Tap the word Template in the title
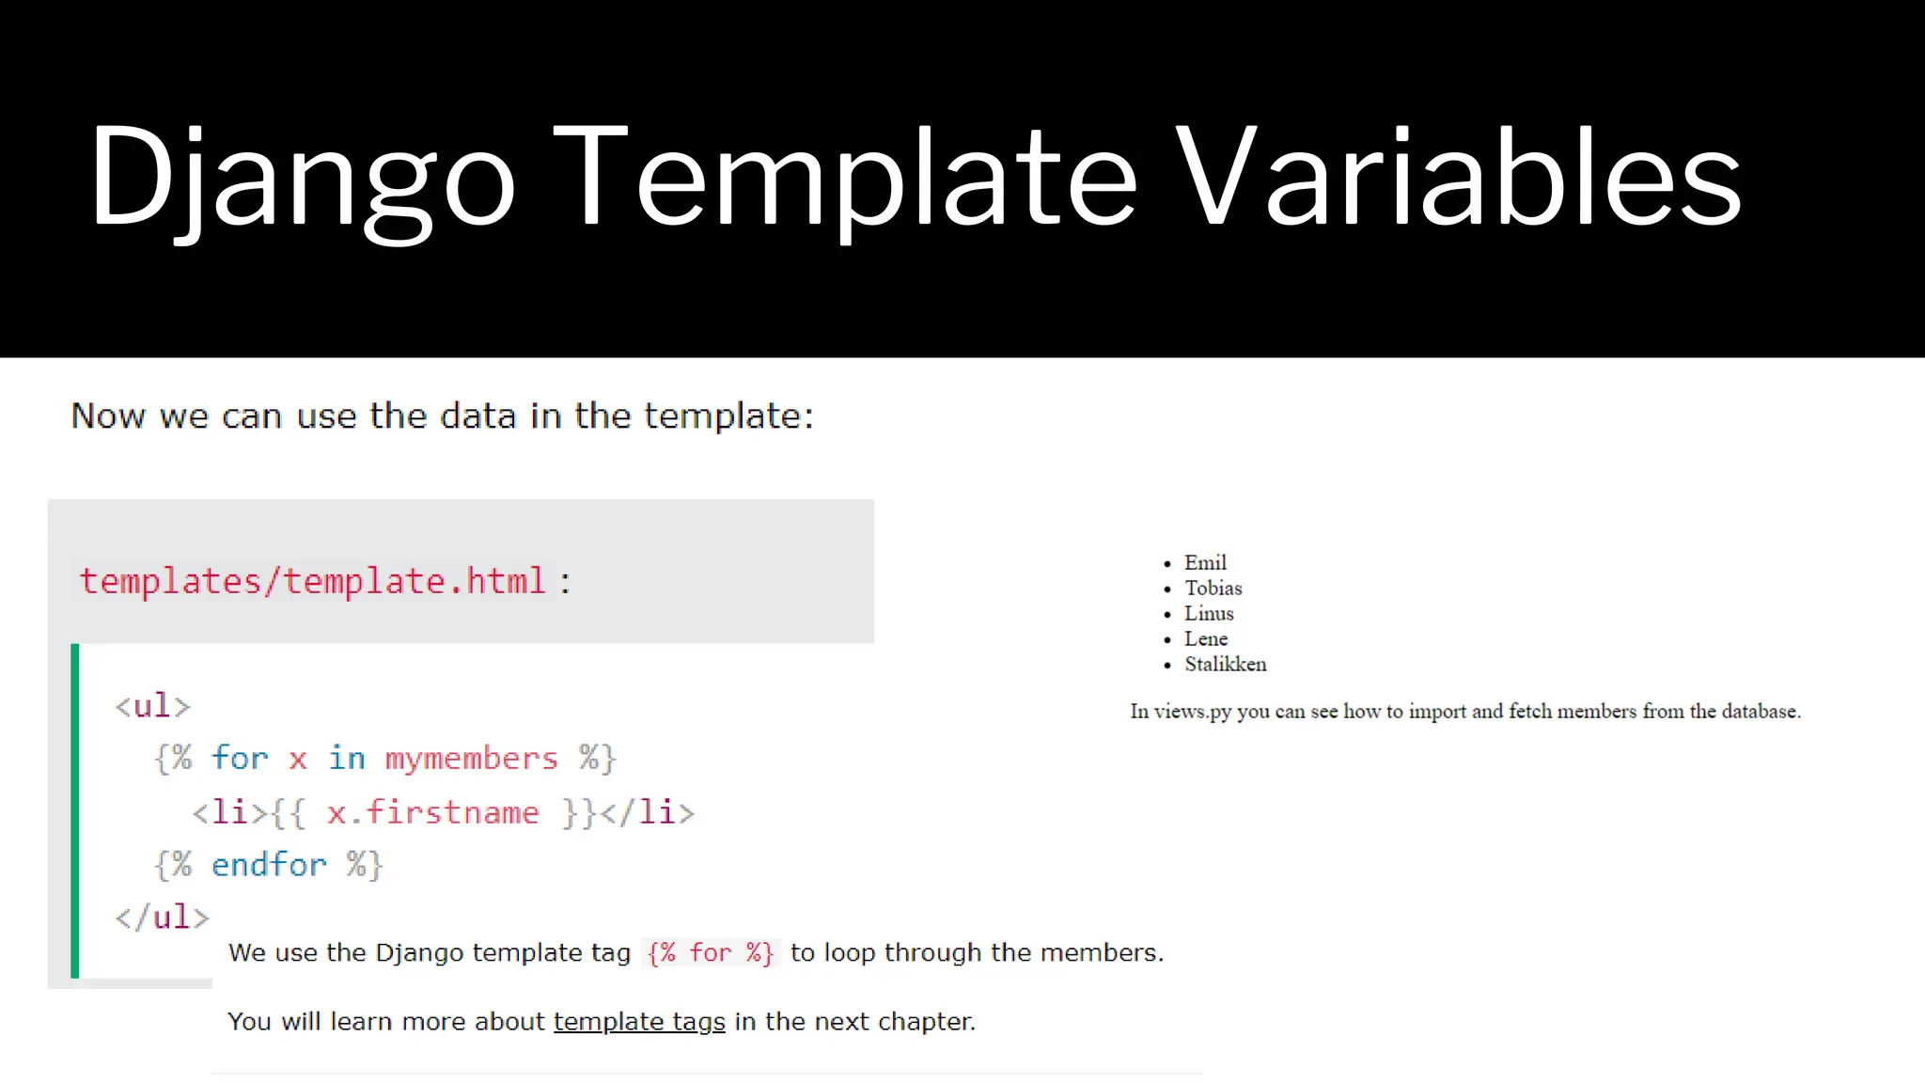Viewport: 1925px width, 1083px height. coord(844,179)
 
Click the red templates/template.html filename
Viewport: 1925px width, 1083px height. coord(312,581)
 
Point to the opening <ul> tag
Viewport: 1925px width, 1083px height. coord(152,705)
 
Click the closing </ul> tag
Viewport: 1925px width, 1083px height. coord(162,917)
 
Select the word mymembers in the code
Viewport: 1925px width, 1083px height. coord(471,758)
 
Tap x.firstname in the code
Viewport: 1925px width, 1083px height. coord(433,812)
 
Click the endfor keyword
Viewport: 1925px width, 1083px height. coord(269,865)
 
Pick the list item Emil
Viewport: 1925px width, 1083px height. coord(1205,562)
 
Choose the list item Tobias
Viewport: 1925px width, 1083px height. coord(1213,588)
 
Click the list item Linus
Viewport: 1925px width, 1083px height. coord(1209,613)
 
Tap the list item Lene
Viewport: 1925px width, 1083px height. coord(1206,638)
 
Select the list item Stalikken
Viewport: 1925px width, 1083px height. coord(1225,664)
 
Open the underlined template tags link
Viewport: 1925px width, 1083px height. coord(639,1021)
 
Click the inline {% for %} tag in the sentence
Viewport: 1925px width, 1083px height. coord(710,952)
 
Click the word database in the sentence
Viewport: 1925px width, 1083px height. coord(1759,712)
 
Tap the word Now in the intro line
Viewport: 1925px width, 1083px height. coord(108,416)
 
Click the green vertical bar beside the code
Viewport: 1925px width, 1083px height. coord(75,810)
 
